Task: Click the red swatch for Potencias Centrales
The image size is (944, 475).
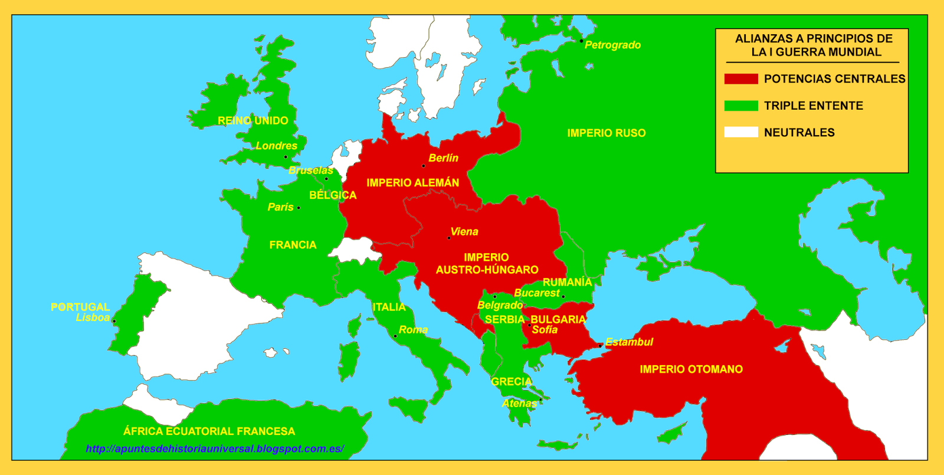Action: tap(741, 79)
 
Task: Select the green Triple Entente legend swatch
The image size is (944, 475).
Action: tap(741, 106)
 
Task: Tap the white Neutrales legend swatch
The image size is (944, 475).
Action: tap(741, 132)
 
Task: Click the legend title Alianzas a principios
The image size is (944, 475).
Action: tap(813, 45)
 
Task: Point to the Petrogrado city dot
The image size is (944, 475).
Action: tap(581, 41)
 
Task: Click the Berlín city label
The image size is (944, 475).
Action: tap(443, 158)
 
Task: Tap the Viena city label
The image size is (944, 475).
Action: tap(464, 232)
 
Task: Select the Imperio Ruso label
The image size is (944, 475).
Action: tap(606, 133)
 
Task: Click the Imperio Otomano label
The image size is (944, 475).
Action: tap(691, 369)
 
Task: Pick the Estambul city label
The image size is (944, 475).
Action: tap(629, 342)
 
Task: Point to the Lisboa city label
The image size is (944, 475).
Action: tap(93, 317)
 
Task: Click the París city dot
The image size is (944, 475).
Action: tap(299, 208)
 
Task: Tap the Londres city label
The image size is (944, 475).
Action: tap(276, 146)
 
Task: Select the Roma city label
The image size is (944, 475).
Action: tap(413, 330)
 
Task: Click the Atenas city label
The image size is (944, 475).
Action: tap(519, 404)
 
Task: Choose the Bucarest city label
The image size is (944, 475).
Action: tap(536, 293)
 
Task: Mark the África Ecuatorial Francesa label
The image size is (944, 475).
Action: tap(209, 431)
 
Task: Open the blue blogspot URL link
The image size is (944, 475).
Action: tap(215, 449)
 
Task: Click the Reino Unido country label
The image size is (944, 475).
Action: tap(253, 121)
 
